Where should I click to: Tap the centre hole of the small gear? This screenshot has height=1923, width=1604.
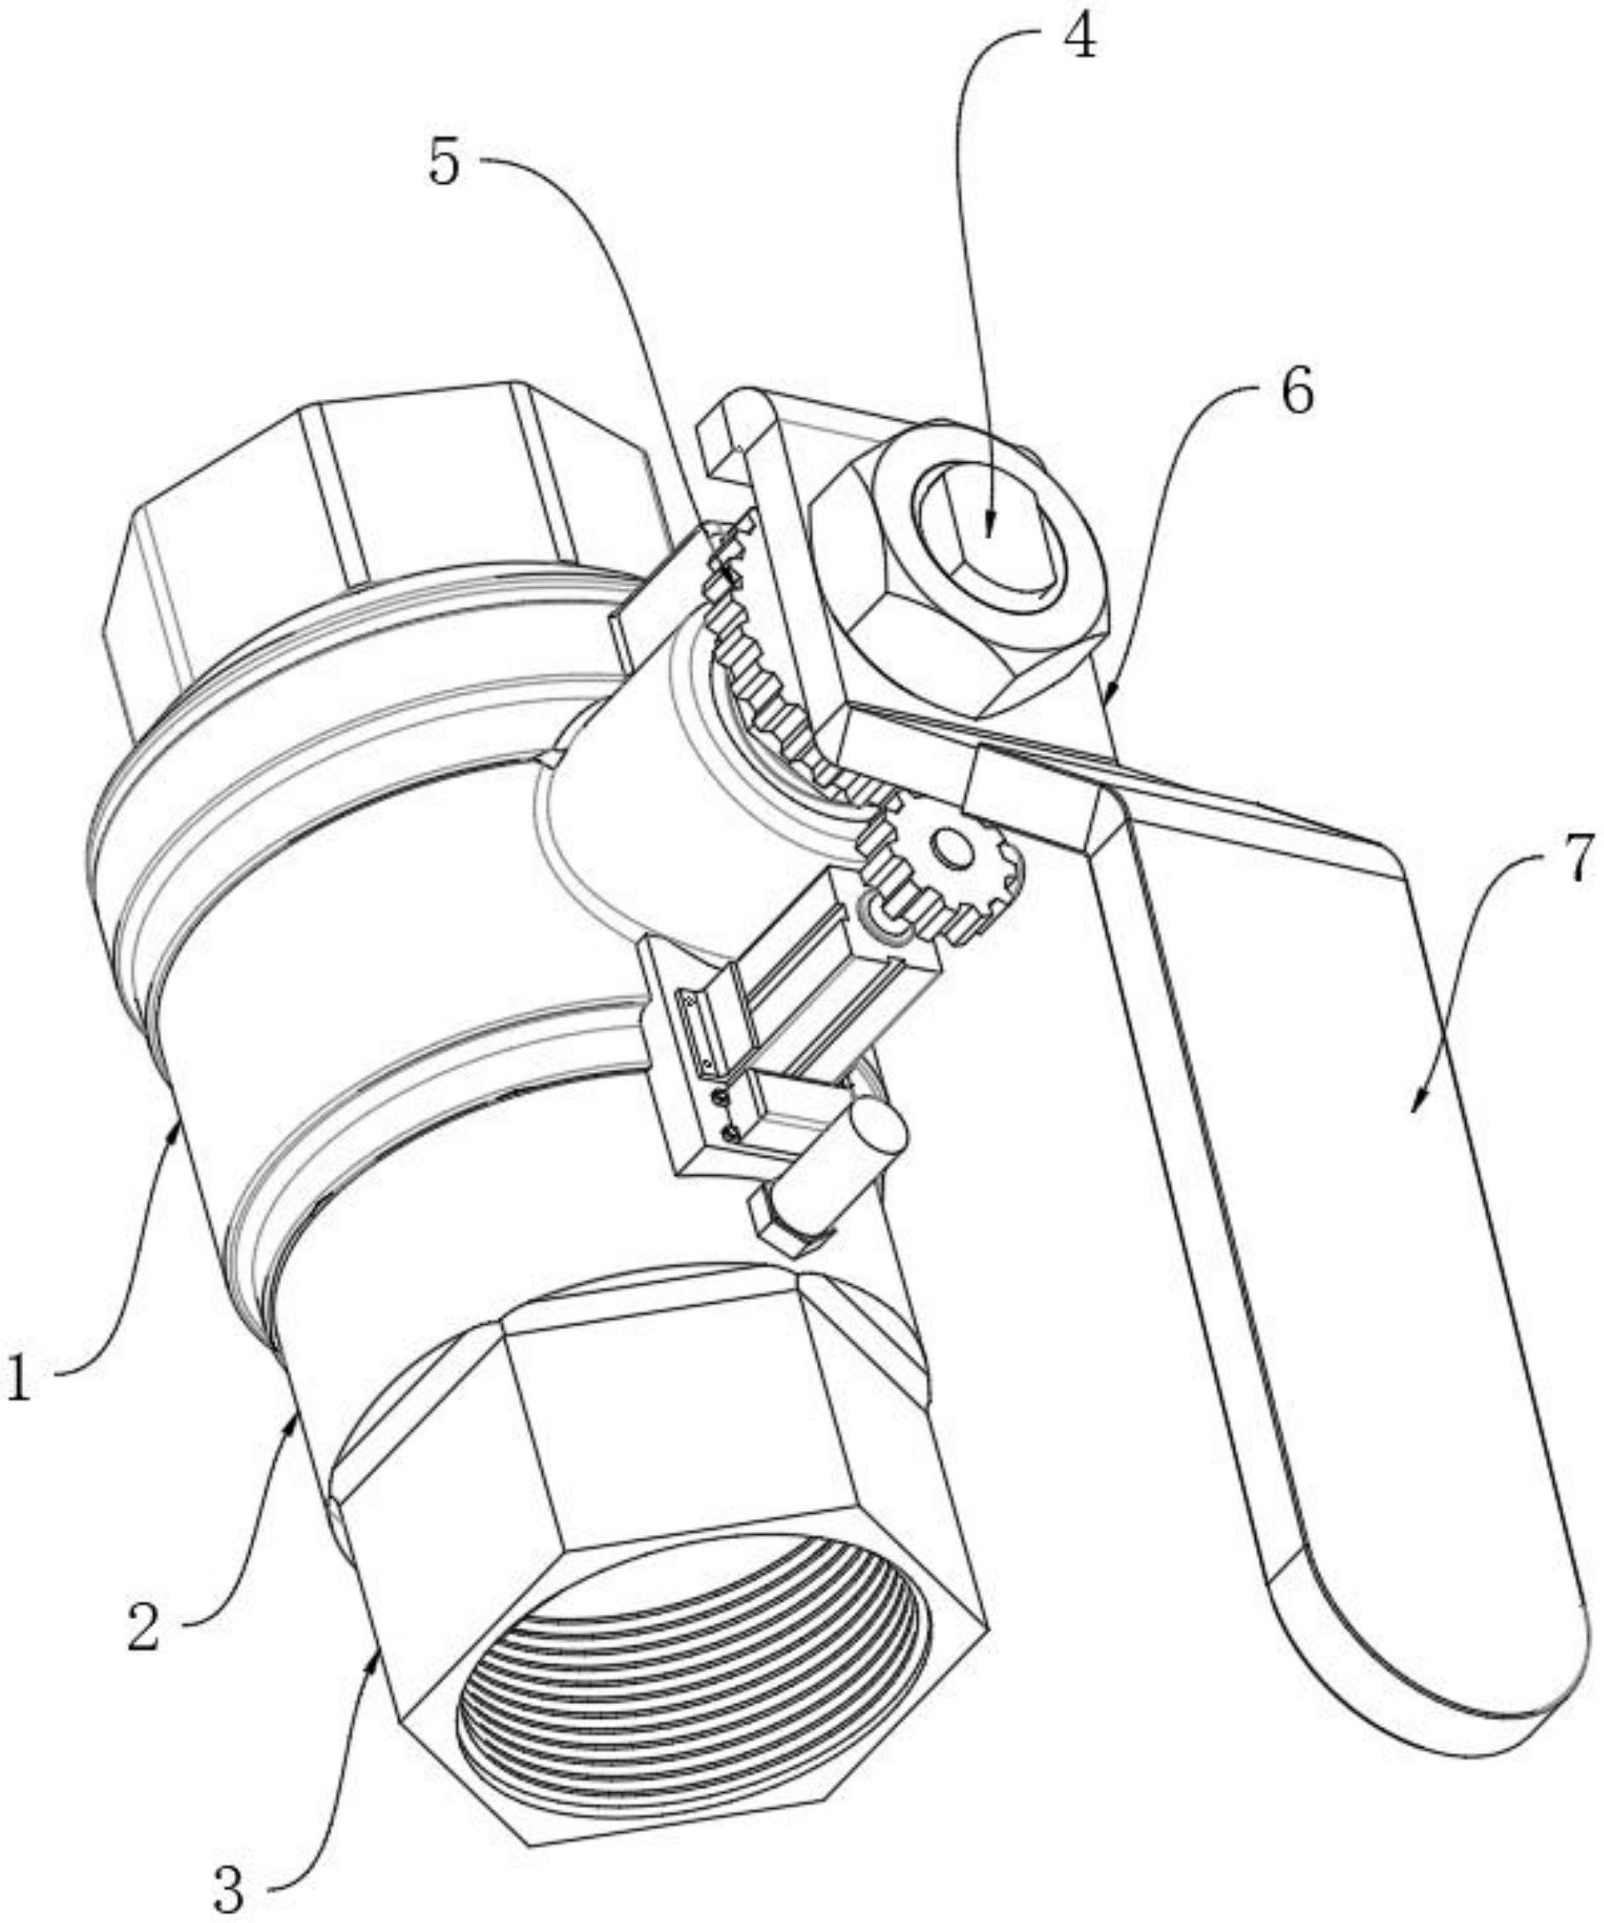click(953, 851)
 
